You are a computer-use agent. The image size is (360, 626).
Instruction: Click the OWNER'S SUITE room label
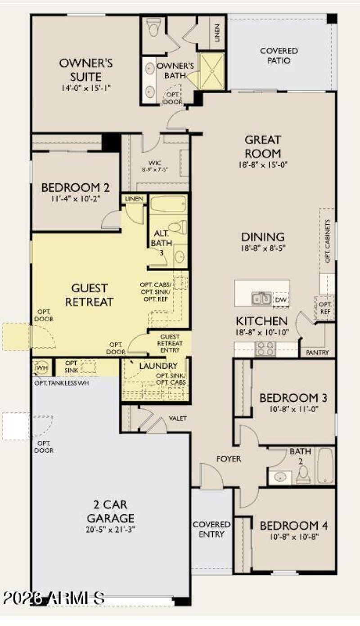click(85, 69)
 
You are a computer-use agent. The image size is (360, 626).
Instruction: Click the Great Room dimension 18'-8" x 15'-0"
click(263, 165)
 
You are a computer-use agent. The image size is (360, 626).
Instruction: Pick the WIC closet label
click(155, 163)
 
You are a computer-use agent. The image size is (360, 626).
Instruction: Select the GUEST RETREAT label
click(89, 295)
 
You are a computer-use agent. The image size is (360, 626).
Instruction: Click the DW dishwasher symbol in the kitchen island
click(281, 299)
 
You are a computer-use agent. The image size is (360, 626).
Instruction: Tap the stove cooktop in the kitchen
click(265, 349)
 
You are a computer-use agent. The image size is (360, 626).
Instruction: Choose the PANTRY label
click(317, 352)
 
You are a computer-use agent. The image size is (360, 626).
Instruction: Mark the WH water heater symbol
click(42, 367)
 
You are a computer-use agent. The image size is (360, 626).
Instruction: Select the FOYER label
click(229, 459)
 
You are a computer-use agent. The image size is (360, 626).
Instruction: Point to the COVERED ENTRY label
click(211, 530)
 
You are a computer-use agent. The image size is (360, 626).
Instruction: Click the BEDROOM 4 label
click(294, 526)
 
